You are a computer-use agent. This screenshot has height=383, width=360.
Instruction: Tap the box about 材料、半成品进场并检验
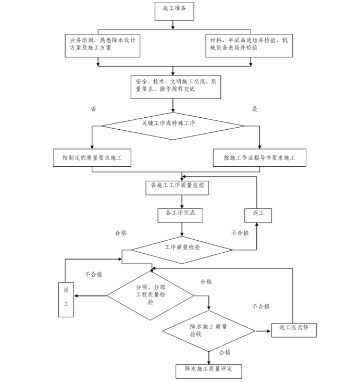tap(249, 45)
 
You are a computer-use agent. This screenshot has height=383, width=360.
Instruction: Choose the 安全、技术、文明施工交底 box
tap(176, 86)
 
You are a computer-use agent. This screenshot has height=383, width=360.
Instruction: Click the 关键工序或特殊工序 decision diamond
tap(172, 125)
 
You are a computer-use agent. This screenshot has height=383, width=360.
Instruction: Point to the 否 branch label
tap(94, 109)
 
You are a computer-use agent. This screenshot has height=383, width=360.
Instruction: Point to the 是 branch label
tap(255, 109)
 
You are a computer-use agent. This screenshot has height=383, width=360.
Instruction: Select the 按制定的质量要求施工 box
tap(92, 157)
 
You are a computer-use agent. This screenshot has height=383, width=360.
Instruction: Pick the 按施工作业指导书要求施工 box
tap(259, 157)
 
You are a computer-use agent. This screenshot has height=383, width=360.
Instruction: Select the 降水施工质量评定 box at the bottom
tap(208, 370)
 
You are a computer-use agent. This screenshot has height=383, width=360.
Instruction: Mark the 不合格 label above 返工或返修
tap(261, 306)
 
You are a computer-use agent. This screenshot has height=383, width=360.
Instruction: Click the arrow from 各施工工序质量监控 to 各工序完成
tap(181, 202)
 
